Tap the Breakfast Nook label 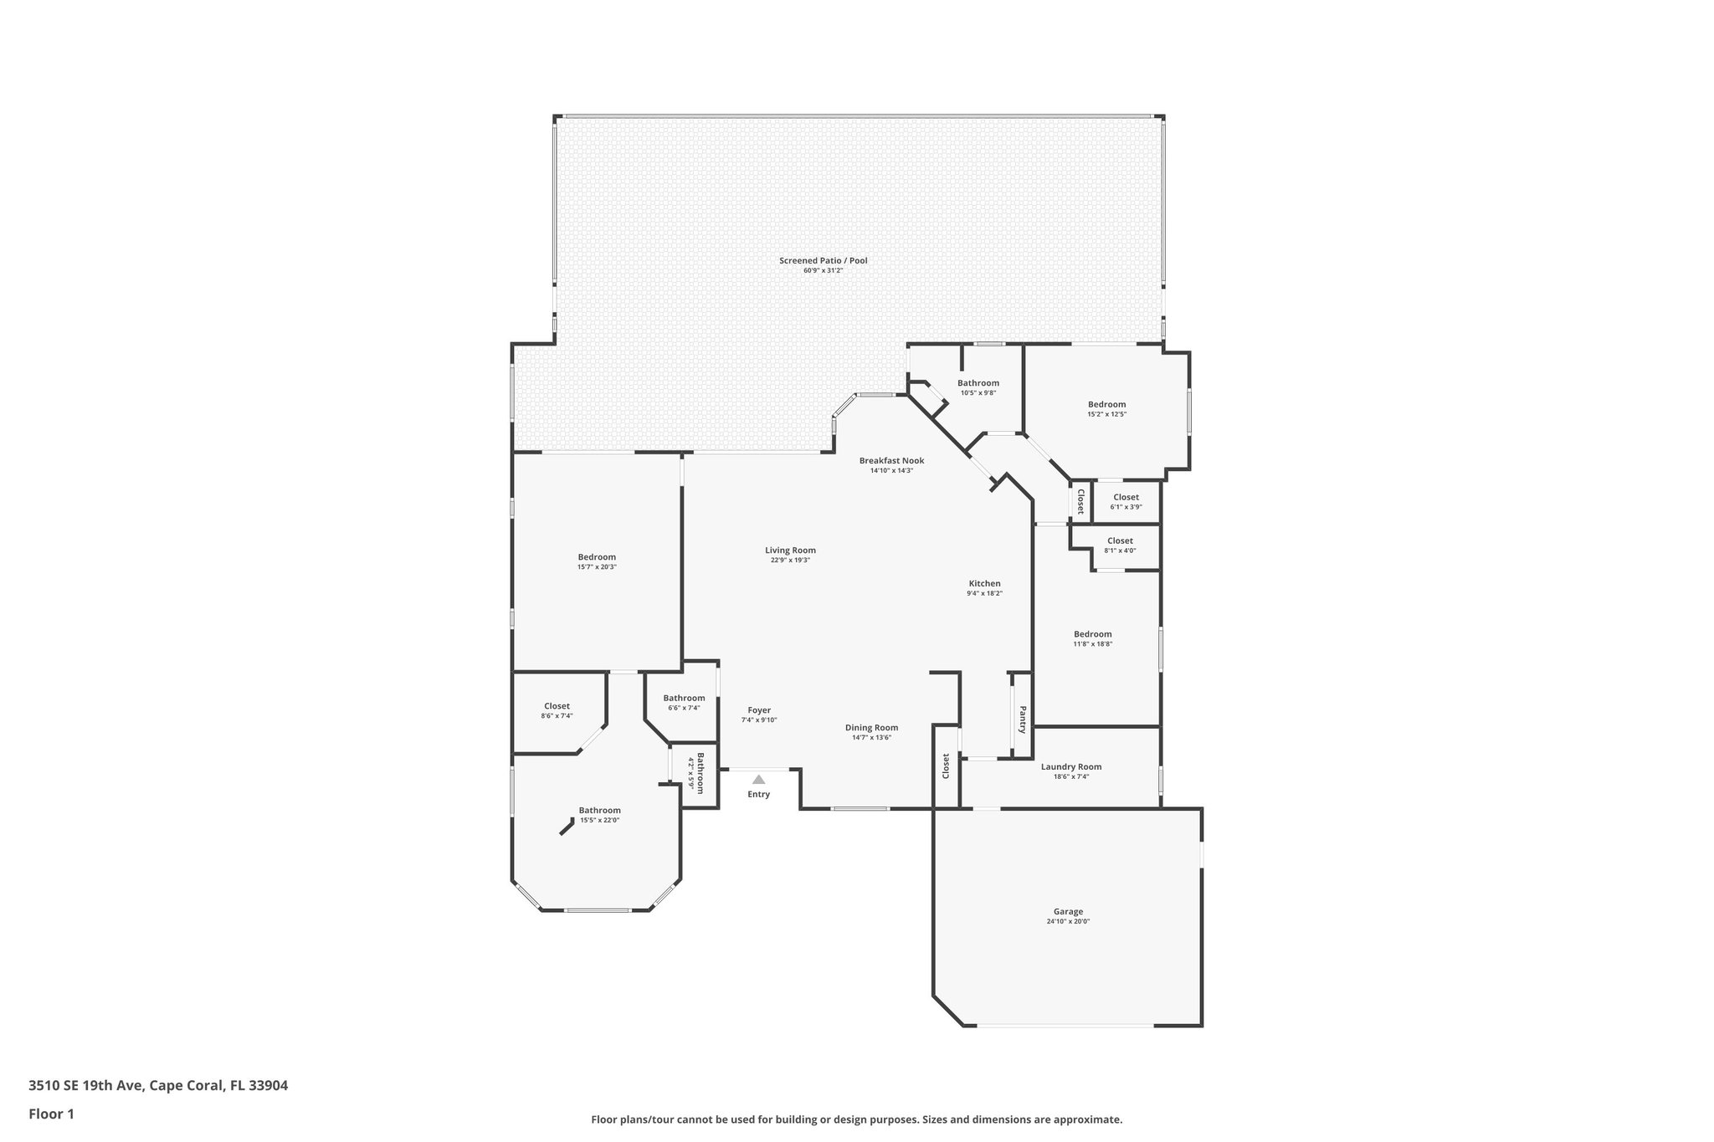pyautogui.click(x=891, y=460)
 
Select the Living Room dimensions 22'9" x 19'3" pyautogui.click(x=790, y=561)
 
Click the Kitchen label pyautogui.click(x=984, y=583)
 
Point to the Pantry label pyautogui.click(x=1022, y=720)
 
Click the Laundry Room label pyautogui.click(x=1070, y=766)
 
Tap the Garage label pyautogui.click(x=1068, y=912)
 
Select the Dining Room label pyautogui.click(x=871, y=728)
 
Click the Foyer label pyautogui.click(x=759, y=710)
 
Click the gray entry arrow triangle pyautogui.click(x=758, y=779)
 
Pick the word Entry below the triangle pyautogui.click(x=758, y=794)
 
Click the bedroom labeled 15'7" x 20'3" pyautogui.click(x=597, y=561)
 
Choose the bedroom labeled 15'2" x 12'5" pyautogui.click(x=1106, y=408)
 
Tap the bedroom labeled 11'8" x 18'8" pyautogui.click(x=1093, y=638)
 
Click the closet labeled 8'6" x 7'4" pyautogui.click(x=557, y=710)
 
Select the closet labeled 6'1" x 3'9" pyautogui.click(x=1126, y=501)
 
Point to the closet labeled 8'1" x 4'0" pyautogui.click(x=1120, y=545)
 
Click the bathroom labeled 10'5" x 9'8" pyautogui.click(x=978, y=387)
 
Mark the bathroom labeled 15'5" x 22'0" pyautogui.click(x=599, y=814)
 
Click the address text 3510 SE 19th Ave pyautogui.click(x=88, y=1086)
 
